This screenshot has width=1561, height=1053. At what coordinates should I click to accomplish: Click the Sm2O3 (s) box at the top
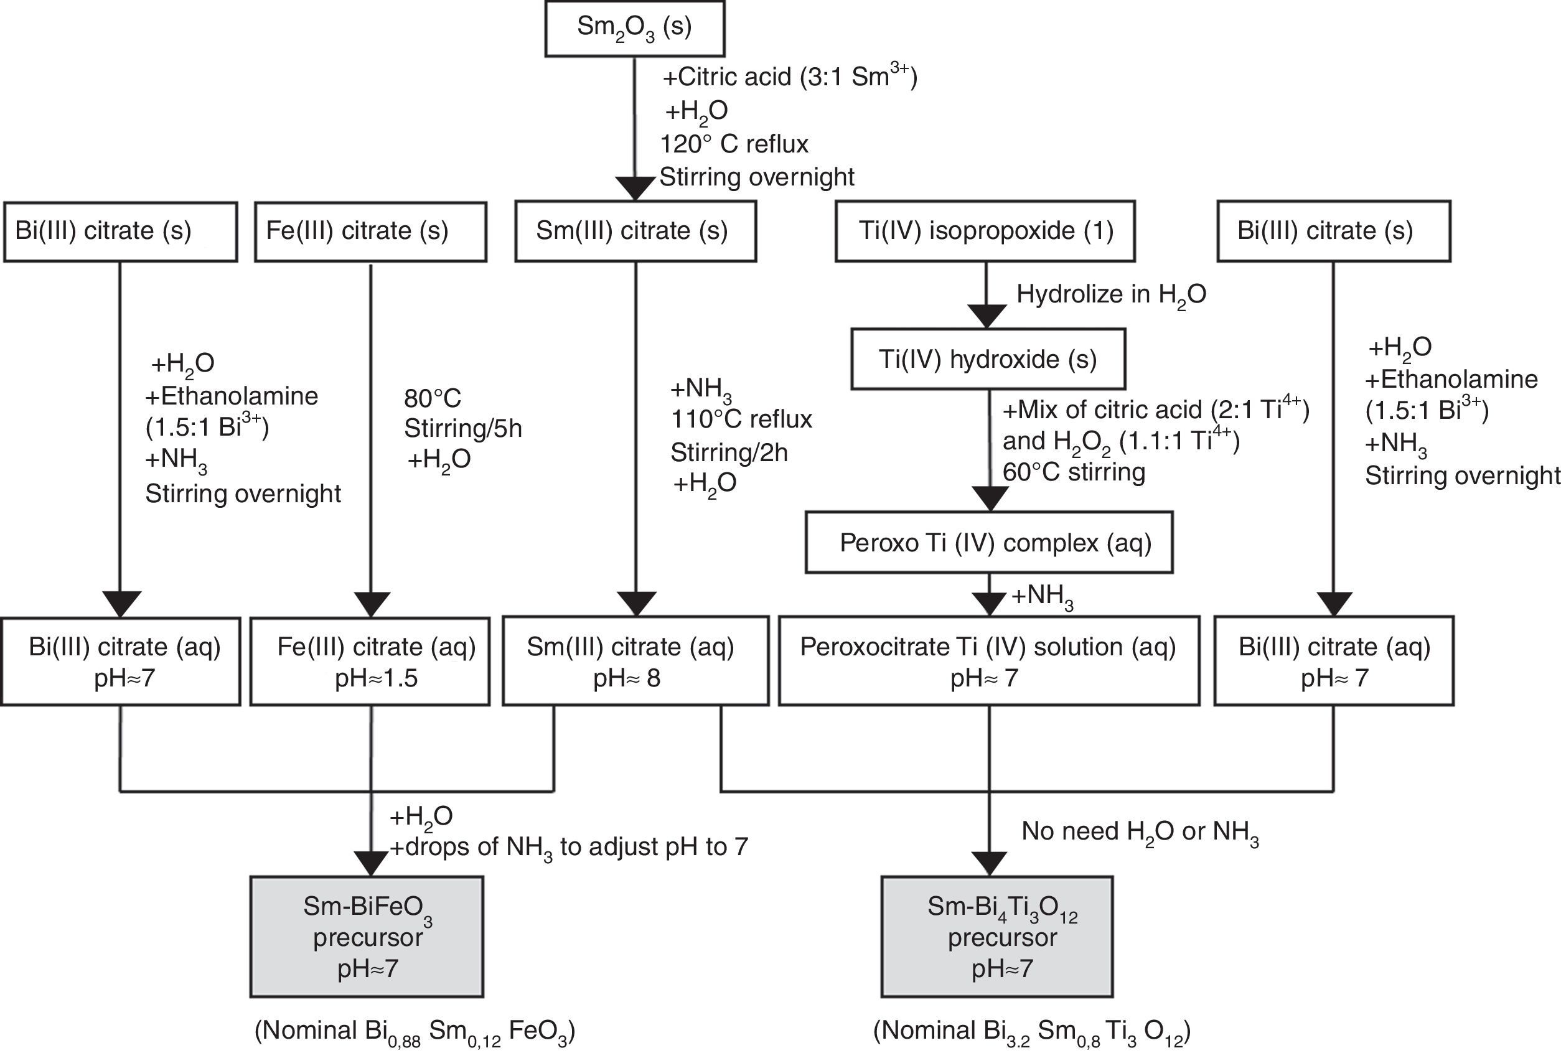click(634, 28)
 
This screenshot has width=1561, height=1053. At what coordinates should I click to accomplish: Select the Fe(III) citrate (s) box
click(370, 231)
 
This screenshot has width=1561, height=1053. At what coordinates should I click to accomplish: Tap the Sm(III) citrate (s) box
click(635, 231)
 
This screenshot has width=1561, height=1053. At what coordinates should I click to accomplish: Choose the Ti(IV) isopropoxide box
click(985, 231)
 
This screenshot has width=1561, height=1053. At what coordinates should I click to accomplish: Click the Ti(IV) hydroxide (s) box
click(987, 359)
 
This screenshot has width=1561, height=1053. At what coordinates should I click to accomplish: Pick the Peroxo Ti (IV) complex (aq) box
click(989, 543)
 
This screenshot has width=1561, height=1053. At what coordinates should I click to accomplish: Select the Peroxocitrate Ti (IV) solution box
click(989, 661)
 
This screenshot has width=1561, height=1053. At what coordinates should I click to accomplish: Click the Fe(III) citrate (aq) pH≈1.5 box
click(370, 661)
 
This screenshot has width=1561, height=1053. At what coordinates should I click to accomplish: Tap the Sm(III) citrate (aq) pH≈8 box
click(635, 661)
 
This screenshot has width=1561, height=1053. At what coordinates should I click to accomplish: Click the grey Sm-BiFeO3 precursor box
click(367, 937)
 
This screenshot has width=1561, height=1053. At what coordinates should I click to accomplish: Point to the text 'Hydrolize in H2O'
click(1111, 294)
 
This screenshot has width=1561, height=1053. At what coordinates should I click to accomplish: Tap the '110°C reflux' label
click(741, 419)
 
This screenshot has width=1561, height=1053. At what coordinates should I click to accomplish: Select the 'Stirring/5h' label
click(463, 428)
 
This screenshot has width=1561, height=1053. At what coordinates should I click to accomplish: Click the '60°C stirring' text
click(1074, 472)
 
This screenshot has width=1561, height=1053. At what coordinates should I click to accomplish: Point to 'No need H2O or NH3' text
click(1139, 831)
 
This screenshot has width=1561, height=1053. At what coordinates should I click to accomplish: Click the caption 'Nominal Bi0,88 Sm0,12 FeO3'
click(415, 1031)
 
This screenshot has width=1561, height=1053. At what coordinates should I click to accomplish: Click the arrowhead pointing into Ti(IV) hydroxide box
click(986, 316)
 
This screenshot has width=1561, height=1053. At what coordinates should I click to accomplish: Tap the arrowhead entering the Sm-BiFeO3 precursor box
click(371, 863)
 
